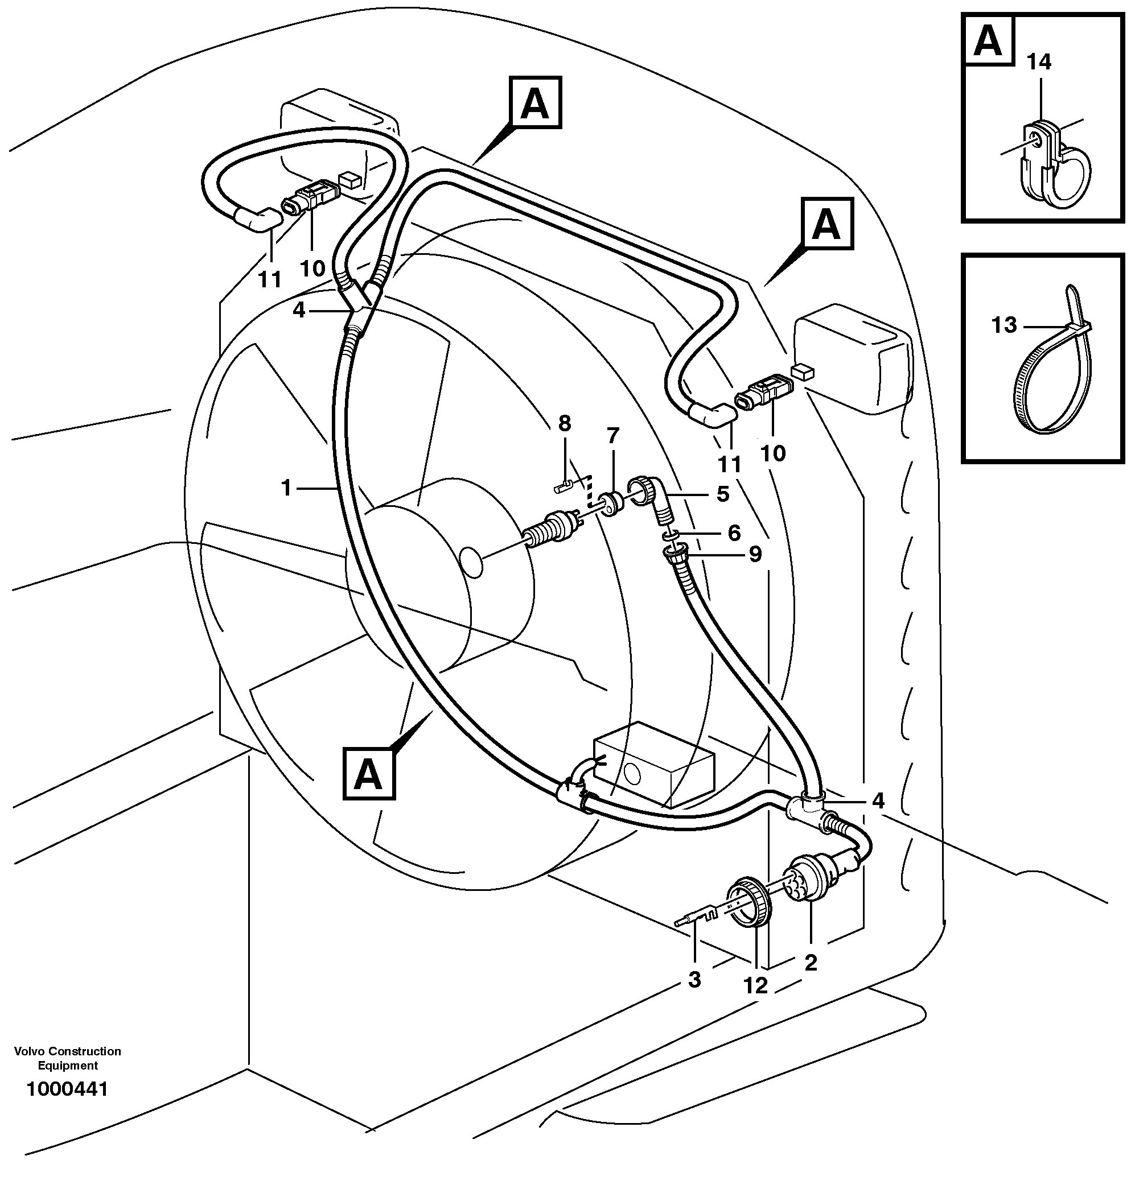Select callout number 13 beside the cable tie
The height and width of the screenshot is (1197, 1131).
point(1004,325)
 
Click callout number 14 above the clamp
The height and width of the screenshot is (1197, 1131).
point(1039,62)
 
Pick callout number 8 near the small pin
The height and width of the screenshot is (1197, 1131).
point(564,424)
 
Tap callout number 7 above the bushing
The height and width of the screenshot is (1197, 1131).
point(612,435)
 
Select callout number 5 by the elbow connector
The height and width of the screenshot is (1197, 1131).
point(723,494)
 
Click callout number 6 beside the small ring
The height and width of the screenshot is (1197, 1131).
point(734,533)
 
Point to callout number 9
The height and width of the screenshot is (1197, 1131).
point(755,554)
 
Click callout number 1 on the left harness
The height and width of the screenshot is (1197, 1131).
point(286,488)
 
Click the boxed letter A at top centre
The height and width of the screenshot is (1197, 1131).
point(536,102)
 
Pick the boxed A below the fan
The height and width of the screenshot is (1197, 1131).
point(368,774)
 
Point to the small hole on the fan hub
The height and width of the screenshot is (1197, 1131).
point(471,564)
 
